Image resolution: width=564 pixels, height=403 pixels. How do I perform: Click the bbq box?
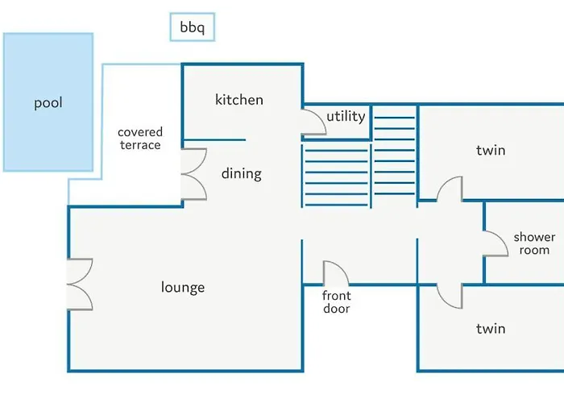point(193,28)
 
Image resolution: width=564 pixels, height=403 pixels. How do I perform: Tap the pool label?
point(48,103)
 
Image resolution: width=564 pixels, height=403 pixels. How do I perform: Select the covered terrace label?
point(140,139)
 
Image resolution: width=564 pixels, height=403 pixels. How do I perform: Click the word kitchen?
point(239,100)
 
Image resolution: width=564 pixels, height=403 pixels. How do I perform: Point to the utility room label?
point(346,117)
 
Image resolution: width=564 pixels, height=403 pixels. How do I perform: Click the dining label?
point(242,173)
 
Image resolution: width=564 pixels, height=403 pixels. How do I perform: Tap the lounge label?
point(183,288)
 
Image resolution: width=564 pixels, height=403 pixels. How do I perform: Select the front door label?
point(337,301)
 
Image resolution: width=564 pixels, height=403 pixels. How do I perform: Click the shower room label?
point(535,243)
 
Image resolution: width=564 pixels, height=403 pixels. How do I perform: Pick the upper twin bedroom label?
point(491,150)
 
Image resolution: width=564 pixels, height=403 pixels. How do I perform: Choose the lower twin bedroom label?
point(491,328)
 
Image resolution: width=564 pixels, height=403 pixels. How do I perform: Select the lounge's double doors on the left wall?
point(81,284)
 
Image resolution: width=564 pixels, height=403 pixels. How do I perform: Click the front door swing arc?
point(334,272)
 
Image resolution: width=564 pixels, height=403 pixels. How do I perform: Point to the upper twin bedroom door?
point(450,189)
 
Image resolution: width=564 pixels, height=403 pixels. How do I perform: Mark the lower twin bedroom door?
point(450,296)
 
